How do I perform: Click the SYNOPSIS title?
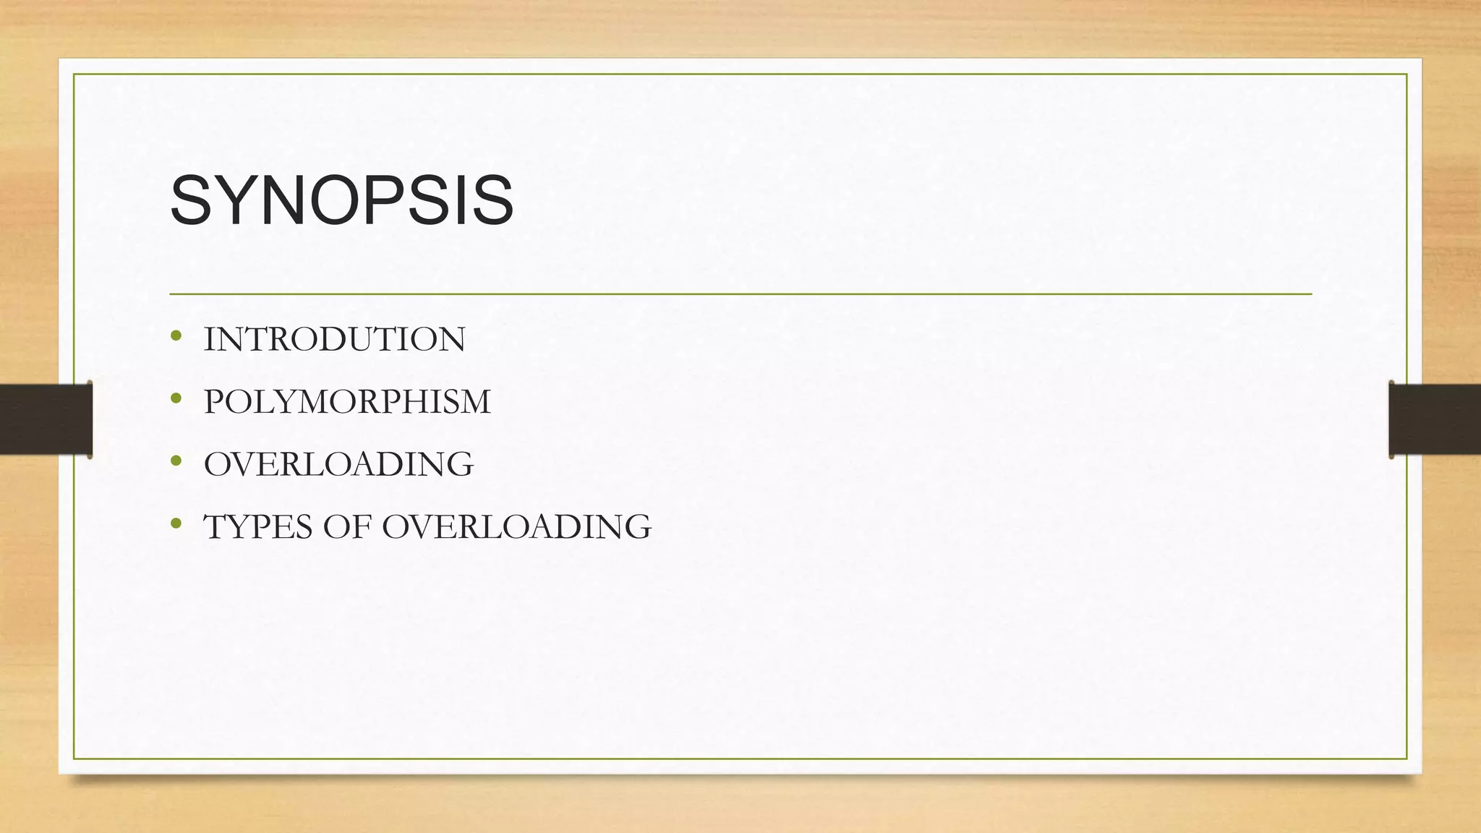pos(341,200)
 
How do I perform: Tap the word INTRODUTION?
pos(334,340)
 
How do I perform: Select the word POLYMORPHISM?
pos(347,402)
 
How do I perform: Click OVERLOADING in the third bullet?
pos(338,464)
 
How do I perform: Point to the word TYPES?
pos(259,527)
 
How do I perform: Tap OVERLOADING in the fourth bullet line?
pos(516,527)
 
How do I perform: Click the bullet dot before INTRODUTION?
pos(176,336)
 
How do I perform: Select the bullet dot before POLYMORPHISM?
pos(176,398)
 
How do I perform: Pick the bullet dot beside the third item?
pos(176,460)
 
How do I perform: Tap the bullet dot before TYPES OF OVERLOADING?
pos(176,523)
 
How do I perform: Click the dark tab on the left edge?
pos(46,419)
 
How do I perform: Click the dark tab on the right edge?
pos(1435,419)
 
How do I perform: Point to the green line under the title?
pos(740,294)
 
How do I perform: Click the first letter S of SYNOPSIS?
pos(189,200)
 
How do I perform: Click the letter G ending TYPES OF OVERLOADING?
pos(637,527)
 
